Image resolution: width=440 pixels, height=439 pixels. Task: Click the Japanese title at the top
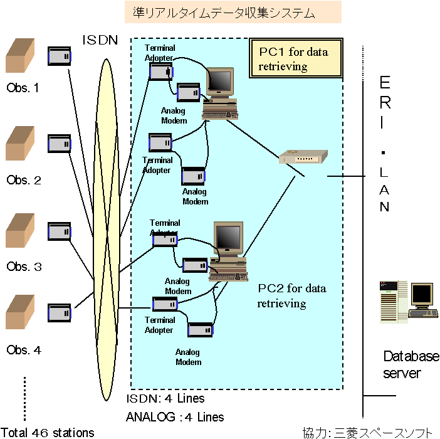pyautogui.click(x=224, y=12)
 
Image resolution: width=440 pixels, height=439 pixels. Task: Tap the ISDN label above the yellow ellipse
pyautogui.click(x=100, y=41)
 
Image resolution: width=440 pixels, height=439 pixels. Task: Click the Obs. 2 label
pyautogui.click(x=24, y=181)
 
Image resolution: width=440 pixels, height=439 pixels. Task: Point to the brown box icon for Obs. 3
pyautogui.click(x=19, y=232)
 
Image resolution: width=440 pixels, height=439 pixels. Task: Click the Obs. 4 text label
pyautogui.click(x=24, y=350)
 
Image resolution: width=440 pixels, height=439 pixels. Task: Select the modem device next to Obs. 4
pyautogui.click(x=61, y=312)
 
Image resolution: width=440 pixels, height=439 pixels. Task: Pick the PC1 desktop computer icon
pyautogui.click(x=220, y=94)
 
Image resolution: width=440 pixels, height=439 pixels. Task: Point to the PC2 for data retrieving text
pyautogui.click(x=291, y=296)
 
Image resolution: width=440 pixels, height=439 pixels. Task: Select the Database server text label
pyautogui.click(x=411, y=365)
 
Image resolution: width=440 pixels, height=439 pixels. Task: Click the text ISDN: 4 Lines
pyautogui.click(x=165, y=399)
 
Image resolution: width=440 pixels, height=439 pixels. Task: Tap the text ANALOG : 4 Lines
pyautogui.click(x=175, y=416)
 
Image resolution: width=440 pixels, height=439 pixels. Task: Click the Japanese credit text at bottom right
pyautogui.click(x=367, y=432)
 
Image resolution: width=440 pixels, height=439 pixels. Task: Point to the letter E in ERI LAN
pyautogui.click(x=385, y=83)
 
